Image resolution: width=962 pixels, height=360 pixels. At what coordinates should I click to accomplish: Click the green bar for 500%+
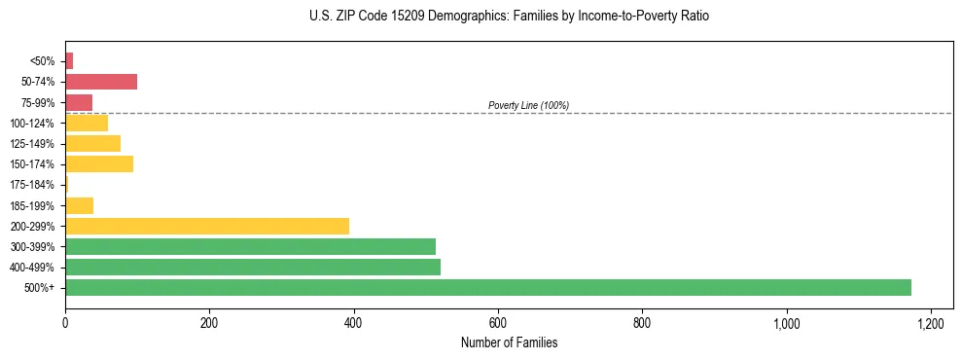tap(487, 288)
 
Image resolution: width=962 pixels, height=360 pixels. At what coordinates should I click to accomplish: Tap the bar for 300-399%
tap(250, 246)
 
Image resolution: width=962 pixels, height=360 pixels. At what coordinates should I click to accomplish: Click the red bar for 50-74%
tap(101, 81)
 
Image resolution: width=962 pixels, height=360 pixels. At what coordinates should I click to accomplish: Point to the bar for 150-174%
tap(99, 163)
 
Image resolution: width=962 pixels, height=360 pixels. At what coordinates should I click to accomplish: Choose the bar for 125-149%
tap(92, 143)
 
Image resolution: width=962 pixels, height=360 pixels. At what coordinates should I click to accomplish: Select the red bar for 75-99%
tap(79, 102)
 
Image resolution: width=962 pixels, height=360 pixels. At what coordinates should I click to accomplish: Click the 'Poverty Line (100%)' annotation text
tap(528, 105)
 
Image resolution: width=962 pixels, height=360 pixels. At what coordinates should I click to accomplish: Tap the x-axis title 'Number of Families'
tap(509, 342)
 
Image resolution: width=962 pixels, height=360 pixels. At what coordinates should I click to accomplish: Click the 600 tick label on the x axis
tap(498, 322)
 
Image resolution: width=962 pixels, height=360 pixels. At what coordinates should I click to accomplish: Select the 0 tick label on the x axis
tap(65, 322)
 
